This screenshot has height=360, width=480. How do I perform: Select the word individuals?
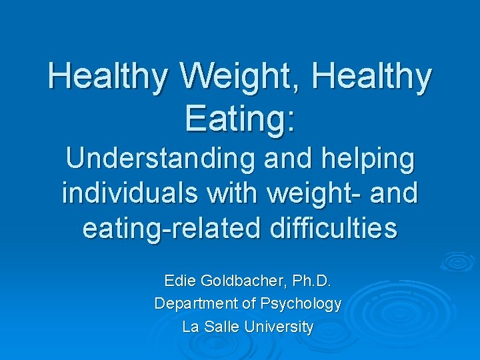[127, 193]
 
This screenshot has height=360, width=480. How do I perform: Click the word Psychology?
[302, 304]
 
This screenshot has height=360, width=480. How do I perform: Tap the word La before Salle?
[191, 327]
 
